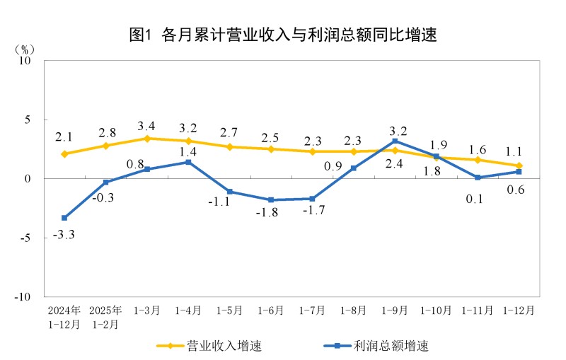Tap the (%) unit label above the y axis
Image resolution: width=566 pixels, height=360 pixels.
coord(24,50)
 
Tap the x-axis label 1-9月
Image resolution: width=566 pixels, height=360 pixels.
coord(394,310)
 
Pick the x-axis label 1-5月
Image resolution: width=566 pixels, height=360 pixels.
coord(229,310)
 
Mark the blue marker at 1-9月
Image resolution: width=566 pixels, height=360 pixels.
coord(395,141)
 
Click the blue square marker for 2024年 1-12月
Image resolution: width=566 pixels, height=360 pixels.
coord(64,218)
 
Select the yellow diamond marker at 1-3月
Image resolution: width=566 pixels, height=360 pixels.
coord(147,139)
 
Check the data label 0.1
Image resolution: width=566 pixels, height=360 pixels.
coord(477,199)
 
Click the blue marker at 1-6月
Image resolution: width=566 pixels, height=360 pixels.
coord(271,200)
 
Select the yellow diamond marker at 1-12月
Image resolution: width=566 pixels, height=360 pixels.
coord(519,166)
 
